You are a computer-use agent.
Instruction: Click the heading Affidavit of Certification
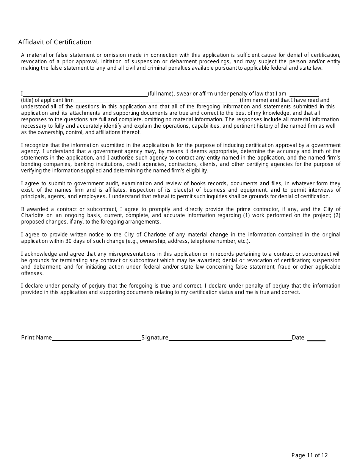[x=55, y=42]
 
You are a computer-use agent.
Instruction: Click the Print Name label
[x=36, y=338]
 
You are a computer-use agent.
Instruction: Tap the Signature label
[x=155, y=338]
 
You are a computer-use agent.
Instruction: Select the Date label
[x=298, y=338]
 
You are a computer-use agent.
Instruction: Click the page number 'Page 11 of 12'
[x=309, y=455]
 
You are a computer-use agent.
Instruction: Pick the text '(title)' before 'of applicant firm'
[x=28, y=100]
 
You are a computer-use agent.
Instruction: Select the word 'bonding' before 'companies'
[x=30, y=164]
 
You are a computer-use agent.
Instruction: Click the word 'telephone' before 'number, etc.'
[x=202, y=241]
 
